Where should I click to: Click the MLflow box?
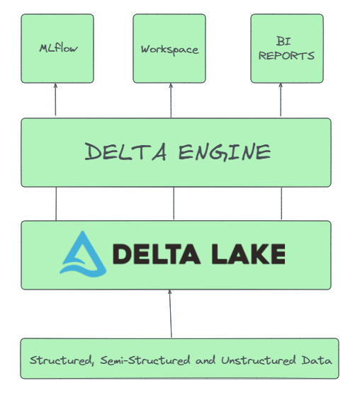pyautogui.click(x=57, y=49)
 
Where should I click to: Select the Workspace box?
pyautogui.click(x=169, y=49)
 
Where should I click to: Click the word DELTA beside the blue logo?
pyautogui.click(x=155, y=253)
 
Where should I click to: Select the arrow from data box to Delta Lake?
pyautogui.click(x=170, y=314)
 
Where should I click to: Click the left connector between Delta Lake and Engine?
pyautogui.click(x=56, y=204)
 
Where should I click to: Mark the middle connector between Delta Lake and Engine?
pyautogui.click(x=174, y=204)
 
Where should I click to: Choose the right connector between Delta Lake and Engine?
pyautogui.click(x=281, y=204)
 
